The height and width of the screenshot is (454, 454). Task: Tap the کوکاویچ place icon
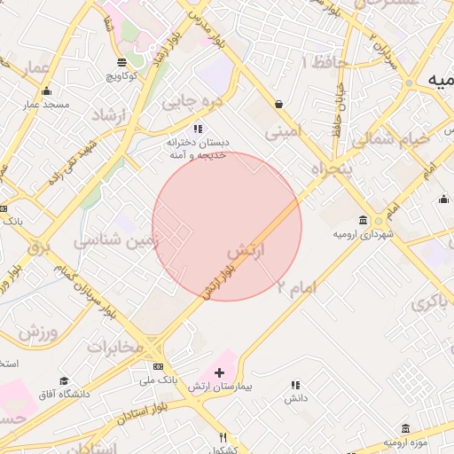[x=122, y=62]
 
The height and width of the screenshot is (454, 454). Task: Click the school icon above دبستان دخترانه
[x=199, y=129]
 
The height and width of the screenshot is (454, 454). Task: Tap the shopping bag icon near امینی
[x=278, y=104]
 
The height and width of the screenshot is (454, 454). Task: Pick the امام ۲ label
[x=296, y=286]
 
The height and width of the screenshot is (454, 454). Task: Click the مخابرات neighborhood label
[x=114, y=347]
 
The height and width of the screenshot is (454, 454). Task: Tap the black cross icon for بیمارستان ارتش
[x=220, y=372]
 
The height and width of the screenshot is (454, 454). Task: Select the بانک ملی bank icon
[x=158, y=366]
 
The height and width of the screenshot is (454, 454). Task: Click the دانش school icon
[x=295, y=385]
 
